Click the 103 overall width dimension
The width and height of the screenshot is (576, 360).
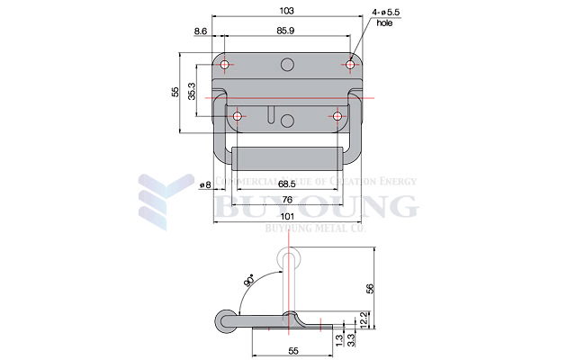286,10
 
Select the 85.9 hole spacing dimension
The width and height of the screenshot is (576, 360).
286,32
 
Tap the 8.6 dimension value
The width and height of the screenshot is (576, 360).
201,32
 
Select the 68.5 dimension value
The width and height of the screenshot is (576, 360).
288,184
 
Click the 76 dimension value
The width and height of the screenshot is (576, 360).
286,200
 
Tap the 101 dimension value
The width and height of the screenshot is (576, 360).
286,217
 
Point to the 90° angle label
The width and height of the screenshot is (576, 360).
248,283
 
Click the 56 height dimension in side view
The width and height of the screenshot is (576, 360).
369,288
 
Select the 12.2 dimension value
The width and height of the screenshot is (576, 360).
362,319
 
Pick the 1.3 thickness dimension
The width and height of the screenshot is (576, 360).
337,340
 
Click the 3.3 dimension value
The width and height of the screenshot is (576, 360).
350,340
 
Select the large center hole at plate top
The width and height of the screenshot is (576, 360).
287,64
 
